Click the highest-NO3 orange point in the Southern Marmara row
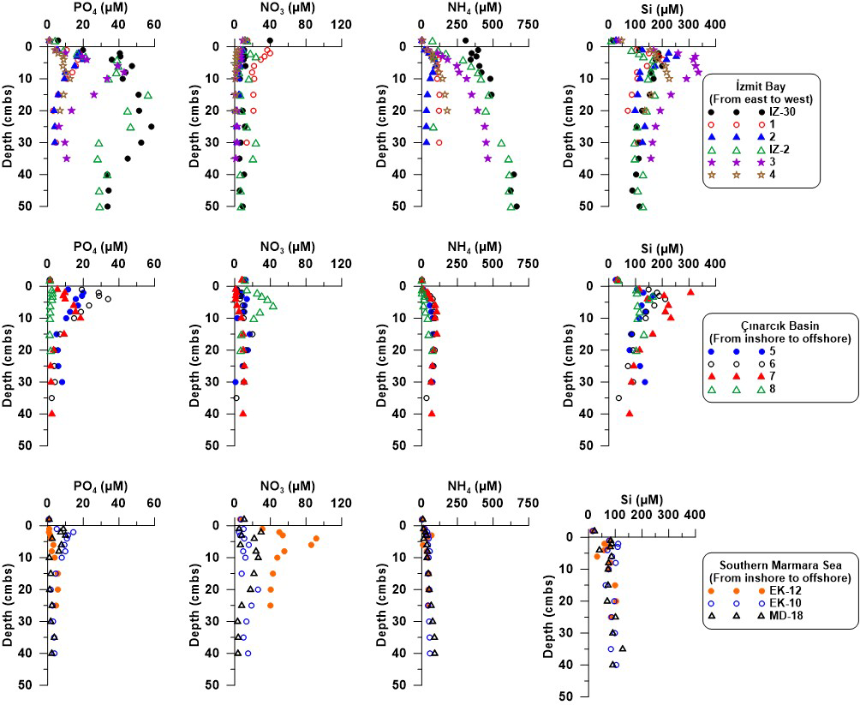pyautogui.click(x=316, y=539)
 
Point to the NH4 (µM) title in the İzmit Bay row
pyautogui.click(x=451, y=9)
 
